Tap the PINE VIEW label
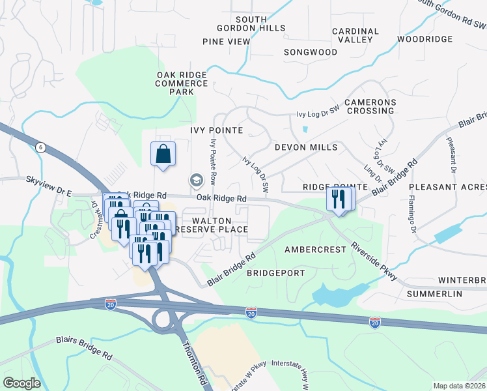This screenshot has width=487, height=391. coord(226,42)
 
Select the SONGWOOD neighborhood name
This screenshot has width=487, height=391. coord(311,52)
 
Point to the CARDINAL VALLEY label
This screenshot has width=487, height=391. coord(355,36)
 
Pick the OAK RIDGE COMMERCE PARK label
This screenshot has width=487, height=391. coord(182,83)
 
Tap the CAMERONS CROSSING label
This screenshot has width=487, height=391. coord(370,107)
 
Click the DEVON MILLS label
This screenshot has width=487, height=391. coord(306,147)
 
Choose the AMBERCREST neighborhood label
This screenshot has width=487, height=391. coord(312,250)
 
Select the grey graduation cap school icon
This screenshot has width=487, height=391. coord(195,179)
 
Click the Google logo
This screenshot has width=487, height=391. coord(21,383)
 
